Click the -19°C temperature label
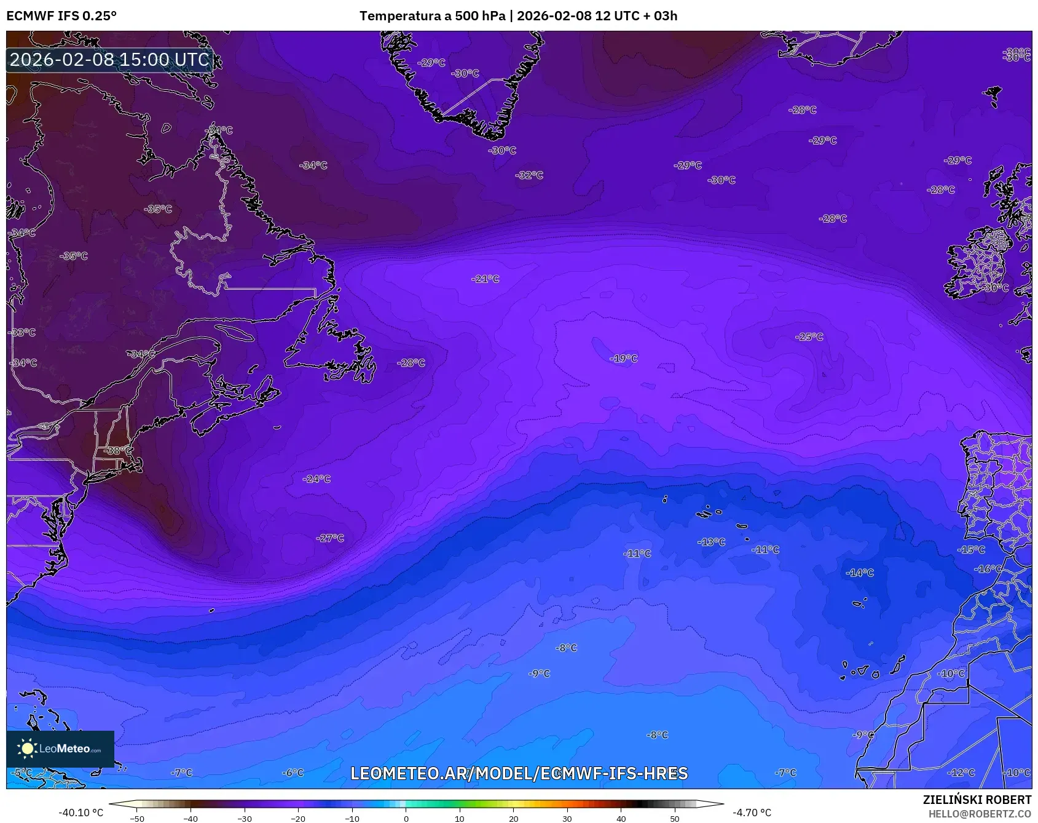coord(623,359)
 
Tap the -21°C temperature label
coord(486,279)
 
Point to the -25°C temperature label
coord(809,337)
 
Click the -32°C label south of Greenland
coord(529,175)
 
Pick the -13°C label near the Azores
coord(711,543)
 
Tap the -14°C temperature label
coord(860,573)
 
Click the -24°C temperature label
coord(317,479)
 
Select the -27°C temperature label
coord(330,538)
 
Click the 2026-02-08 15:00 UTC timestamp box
coord(109,60)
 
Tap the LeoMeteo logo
coord(60,749)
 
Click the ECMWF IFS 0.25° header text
coord(61,16)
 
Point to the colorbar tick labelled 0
coord(406,818)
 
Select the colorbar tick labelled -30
coord(245,818)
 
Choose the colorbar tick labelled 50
coord(675,818)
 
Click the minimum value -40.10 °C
coord(81,813)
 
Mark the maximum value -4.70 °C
coord(752,813)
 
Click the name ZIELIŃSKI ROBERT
coord(977,800)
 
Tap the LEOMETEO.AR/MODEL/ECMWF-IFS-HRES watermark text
coord(519,774)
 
